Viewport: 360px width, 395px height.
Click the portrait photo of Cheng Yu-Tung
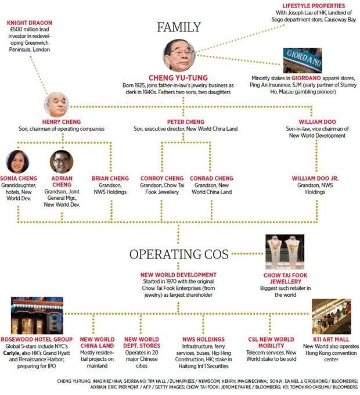pos(179,56)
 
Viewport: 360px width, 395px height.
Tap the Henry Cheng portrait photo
pos(56,104)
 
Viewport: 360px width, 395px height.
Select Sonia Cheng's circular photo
pos(17,161)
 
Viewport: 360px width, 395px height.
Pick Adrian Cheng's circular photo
pos(62,162)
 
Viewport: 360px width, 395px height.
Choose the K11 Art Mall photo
pos(332,316)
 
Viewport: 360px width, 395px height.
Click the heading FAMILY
pos(179,27)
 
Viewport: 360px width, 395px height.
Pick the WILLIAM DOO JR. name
pos(315,178)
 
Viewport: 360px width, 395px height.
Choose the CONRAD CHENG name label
pos(211,178)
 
